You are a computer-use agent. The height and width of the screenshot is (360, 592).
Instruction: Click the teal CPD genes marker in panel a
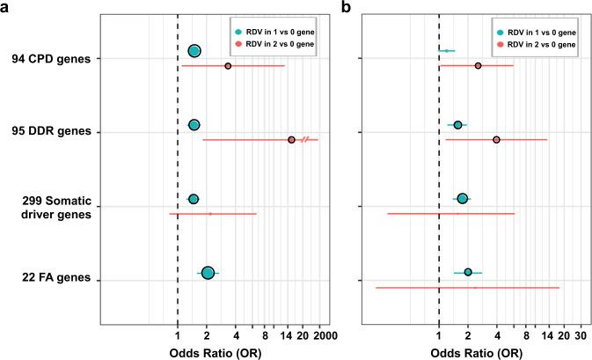tap(194, 52)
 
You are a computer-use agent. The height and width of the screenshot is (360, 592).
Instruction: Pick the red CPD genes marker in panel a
tap(228, 66)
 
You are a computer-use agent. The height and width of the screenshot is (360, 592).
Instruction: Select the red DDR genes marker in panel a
tap(291, 139)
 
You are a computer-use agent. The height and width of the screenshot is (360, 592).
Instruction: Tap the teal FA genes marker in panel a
tap(208, 273)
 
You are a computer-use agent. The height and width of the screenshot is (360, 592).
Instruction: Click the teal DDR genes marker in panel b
tap(457, 125)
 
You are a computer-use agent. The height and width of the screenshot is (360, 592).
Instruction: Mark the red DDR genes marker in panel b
tap(496, 139)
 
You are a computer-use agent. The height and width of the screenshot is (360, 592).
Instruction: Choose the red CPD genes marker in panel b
tap(478, 66)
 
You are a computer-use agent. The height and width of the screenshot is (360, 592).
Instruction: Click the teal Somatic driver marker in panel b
tap(462, 199)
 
